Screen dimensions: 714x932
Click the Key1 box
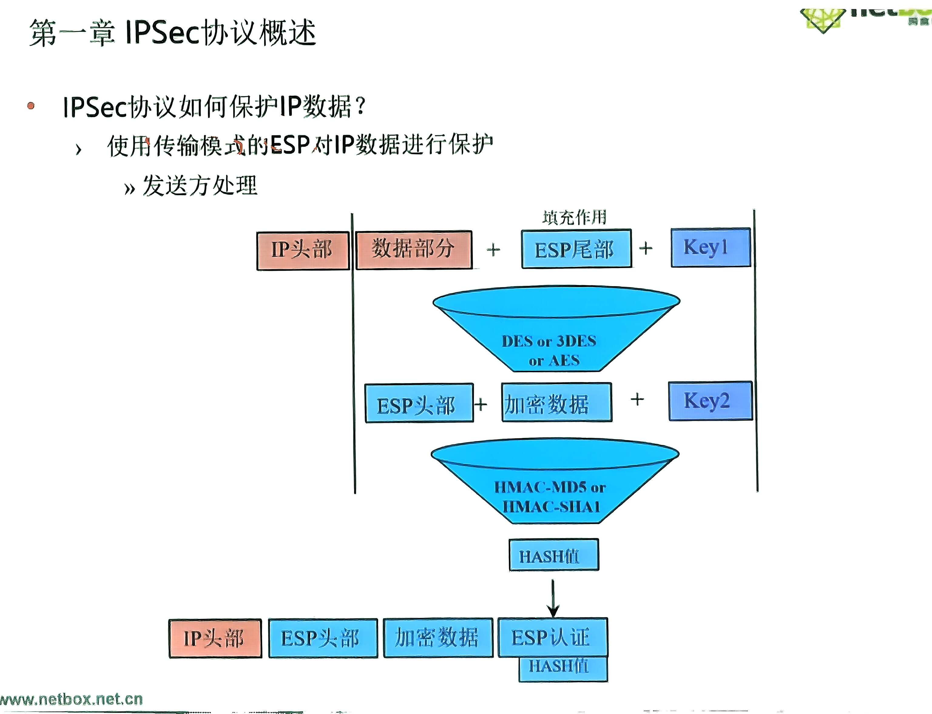point(710,247)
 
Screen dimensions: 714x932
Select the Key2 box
point(710,401)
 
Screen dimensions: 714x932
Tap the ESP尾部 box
point(576,249)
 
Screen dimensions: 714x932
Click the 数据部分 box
point(413,250)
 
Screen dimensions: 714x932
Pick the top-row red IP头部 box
point(302,250)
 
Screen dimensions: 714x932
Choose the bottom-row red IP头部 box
point(215,638)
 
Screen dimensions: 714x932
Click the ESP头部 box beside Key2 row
point(419,403)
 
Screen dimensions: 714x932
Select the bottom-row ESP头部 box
point(323,638)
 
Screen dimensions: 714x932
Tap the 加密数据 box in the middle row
point(556,402)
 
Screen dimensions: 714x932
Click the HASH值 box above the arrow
point(553,555)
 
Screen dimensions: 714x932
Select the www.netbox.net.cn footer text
point(71,699)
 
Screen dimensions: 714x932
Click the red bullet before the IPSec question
point(31,106)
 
